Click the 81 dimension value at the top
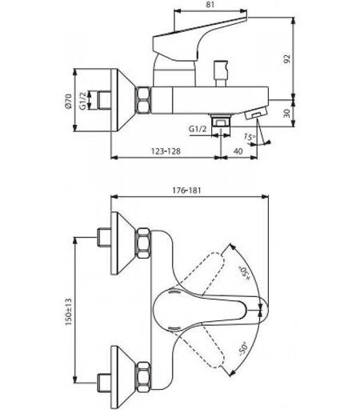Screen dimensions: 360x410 210,5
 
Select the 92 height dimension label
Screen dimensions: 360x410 287,58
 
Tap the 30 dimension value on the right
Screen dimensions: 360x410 287,113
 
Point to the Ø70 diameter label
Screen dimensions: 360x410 68,101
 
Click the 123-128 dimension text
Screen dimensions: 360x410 166,151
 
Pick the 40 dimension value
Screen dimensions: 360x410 238,151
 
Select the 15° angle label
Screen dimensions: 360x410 250,137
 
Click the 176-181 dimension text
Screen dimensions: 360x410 186,191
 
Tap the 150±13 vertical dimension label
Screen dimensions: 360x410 68,312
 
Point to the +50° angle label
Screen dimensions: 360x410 245,273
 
